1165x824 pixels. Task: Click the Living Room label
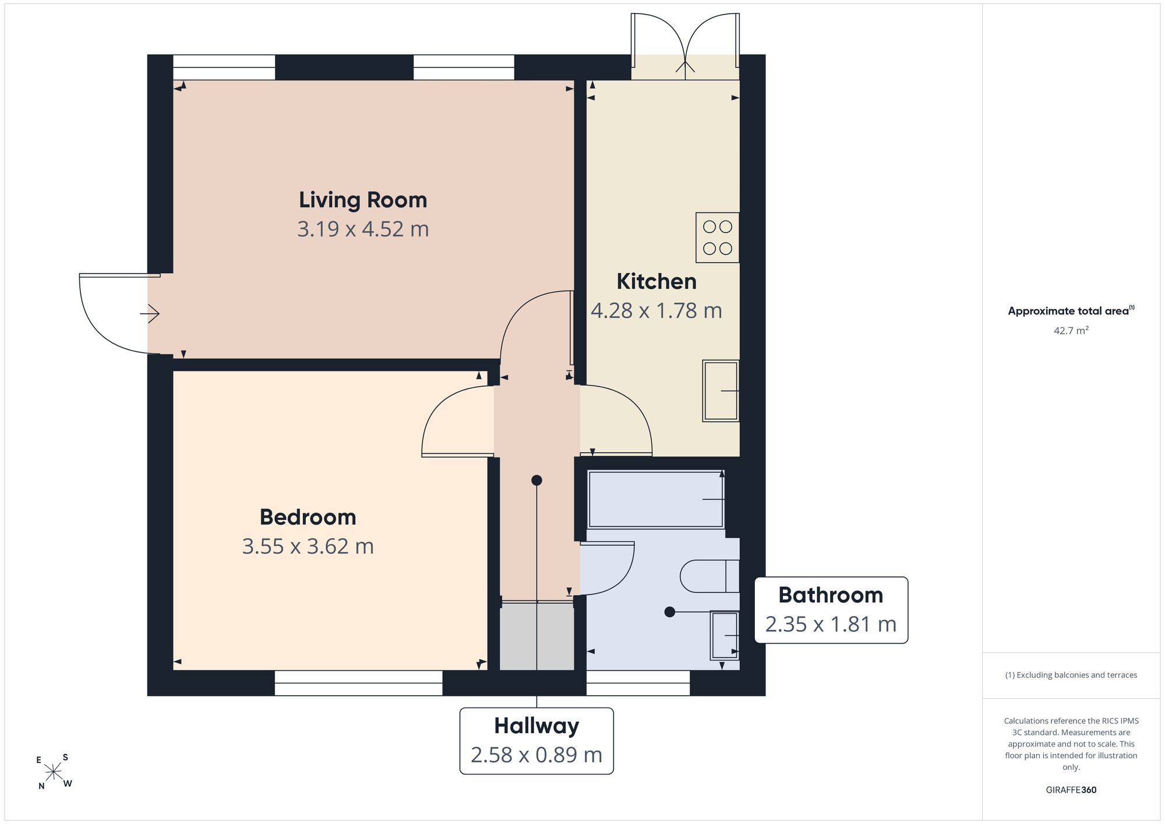tap(363, 200)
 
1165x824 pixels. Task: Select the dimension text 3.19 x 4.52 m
tap(363, 229)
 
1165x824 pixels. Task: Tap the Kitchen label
tap(656, 282)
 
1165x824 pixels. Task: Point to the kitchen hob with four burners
tap(718, 238)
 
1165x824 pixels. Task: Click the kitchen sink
tap(721, 391)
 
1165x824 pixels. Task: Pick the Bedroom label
tap(308, 517)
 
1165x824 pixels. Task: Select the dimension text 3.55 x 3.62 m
tap(308, 546)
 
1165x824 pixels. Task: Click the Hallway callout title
tap(536, 726)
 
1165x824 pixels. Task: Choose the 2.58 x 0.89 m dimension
tap(536, 755)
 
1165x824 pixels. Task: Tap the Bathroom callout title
tap(831, 595)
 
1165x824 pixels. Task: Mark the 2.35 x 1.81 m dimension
tap(831, 624)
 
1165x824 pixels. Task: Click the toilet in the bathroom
tap(710, 576)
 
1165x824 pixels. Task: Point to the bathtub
tap(656, 499)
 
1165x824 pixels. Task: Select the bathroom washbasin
tap(725, 635)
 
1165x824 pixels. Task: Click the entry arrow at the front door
tap(150, 314)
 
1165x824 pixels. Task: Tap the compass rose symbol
tap(54, 772)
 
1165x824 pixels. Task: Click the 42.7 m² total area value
tap(1071, 330)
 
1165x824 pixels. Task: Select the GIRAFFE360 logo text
tap(1071, 790)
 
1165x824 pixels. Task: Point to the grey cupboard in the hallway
tap(537, 635)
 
